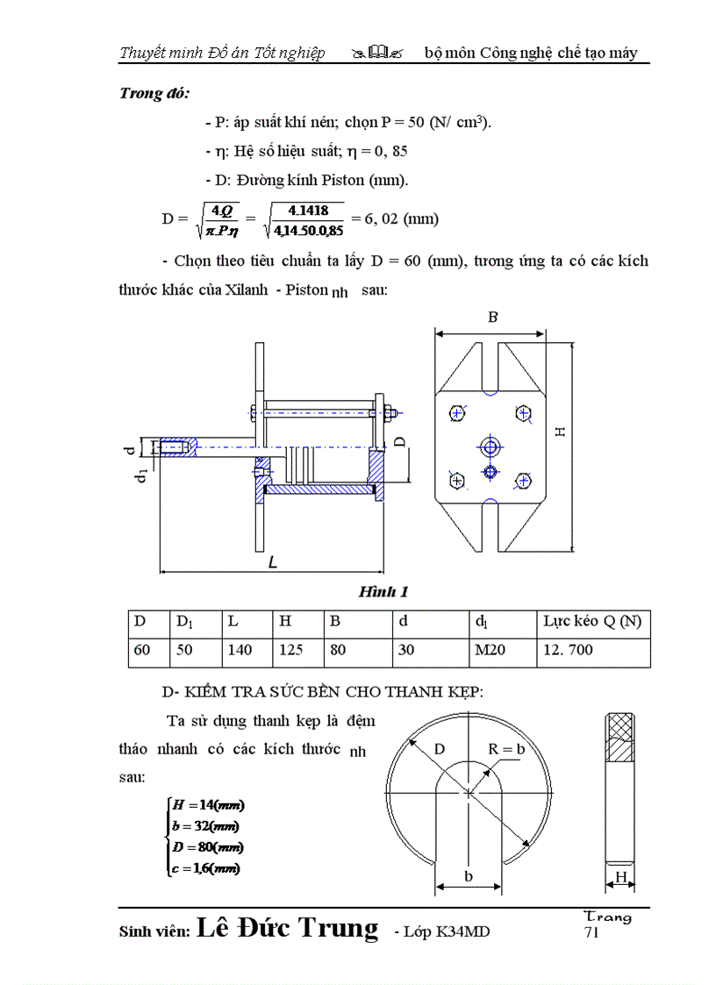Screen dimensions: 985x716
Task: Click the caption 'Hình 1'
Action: pos(383,592)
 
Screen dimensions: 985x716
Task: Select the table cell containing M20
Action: pos(499,650)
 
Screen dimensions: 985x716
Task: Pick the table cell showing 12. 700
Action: pos(592,650)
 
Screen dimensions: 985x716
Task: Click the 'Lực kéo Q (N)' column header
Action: pos(592,622)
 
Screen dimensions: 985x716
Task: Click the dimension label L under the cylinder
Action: pos(272,563)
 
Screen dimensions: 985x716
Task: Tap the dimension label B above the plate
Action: pos(492,318)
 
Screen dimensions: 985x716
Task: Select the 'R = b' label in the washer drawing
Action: pos(506,748)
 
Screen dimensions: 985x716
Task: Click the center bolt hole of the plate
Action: pos(490,447)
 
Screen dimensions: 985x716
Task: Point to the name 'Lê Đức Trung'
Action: pos(289,928)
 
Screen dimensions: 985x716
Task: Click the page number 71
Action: pos(591,932)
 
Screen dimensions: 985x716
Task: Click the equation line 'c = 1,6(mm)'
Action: pos(207,868)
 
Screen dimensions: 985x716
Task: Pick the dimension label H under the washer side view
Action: pos(620,877)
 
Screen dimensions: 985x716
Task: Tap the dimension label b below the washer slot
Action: pos(469,876)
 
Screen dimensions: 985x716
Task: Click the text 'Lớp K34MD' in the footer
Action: pos(447,931)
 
